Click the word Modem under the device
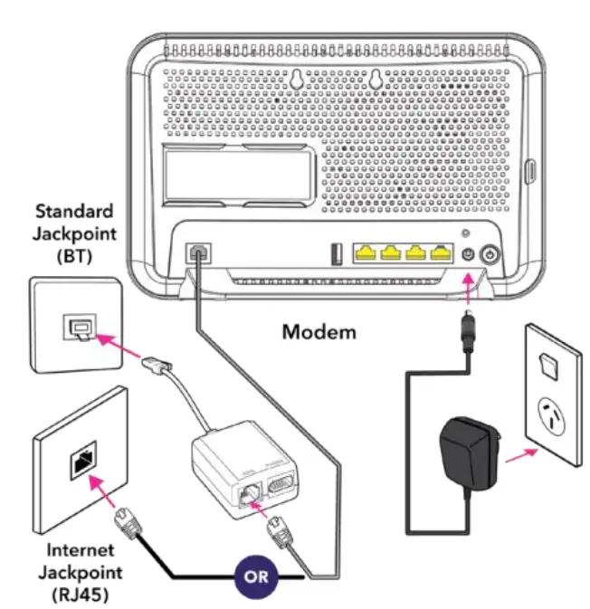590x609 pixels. click(x=319, y=331)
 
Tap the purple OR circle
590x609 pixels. click(x=257, y=576)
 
